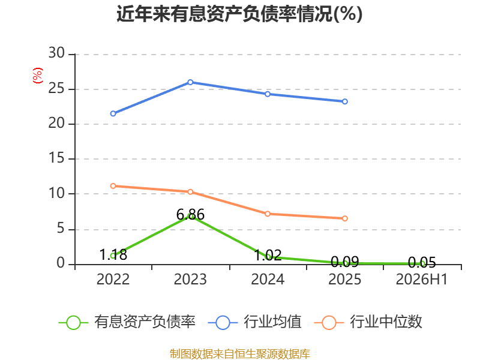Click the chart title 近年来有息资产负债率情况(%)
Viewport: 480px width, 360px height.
coord(239,14)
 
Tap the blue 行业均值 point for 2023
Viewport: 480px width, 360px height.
coord(190,82)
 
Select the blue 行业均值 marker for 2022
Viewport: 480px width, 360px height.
coord(113,113)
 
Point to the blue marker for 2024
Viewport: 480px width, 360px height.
coord(268,94)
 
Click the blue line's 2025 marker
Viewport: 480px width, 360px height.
coord(344,101)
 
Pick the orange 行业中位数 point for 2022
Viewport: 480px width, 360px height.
coord(113,186)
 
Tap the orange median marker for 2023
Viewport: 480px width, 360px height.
coord(190,191)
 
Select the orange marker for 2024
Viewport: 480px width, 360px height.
coord(268,214)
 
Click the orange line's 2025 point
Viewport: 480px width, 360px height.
coord(344,218)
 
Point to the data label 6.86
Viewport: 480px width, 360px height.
coord(190,214)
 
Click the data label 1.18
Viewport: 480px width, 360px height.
coord(113,254)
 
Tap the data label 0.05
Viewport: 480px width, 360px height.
coord(422,262)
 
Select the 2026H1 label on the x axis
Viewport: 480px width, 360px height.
coord(422,279)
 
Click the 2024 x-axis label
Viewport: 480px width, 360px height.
coord(268,279)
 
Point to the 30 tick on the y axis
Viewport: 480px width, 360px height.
coord(56,53)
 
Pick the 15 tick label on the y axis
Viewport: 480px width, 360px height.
coord(56,158)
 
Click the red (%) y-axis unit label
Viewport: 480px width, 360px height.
coord(38,76)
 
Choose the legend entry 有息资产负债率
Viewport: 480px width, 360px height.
coord(127,322)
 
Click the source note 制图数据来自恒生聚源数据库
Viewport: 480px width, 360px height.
coord(240,353)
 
